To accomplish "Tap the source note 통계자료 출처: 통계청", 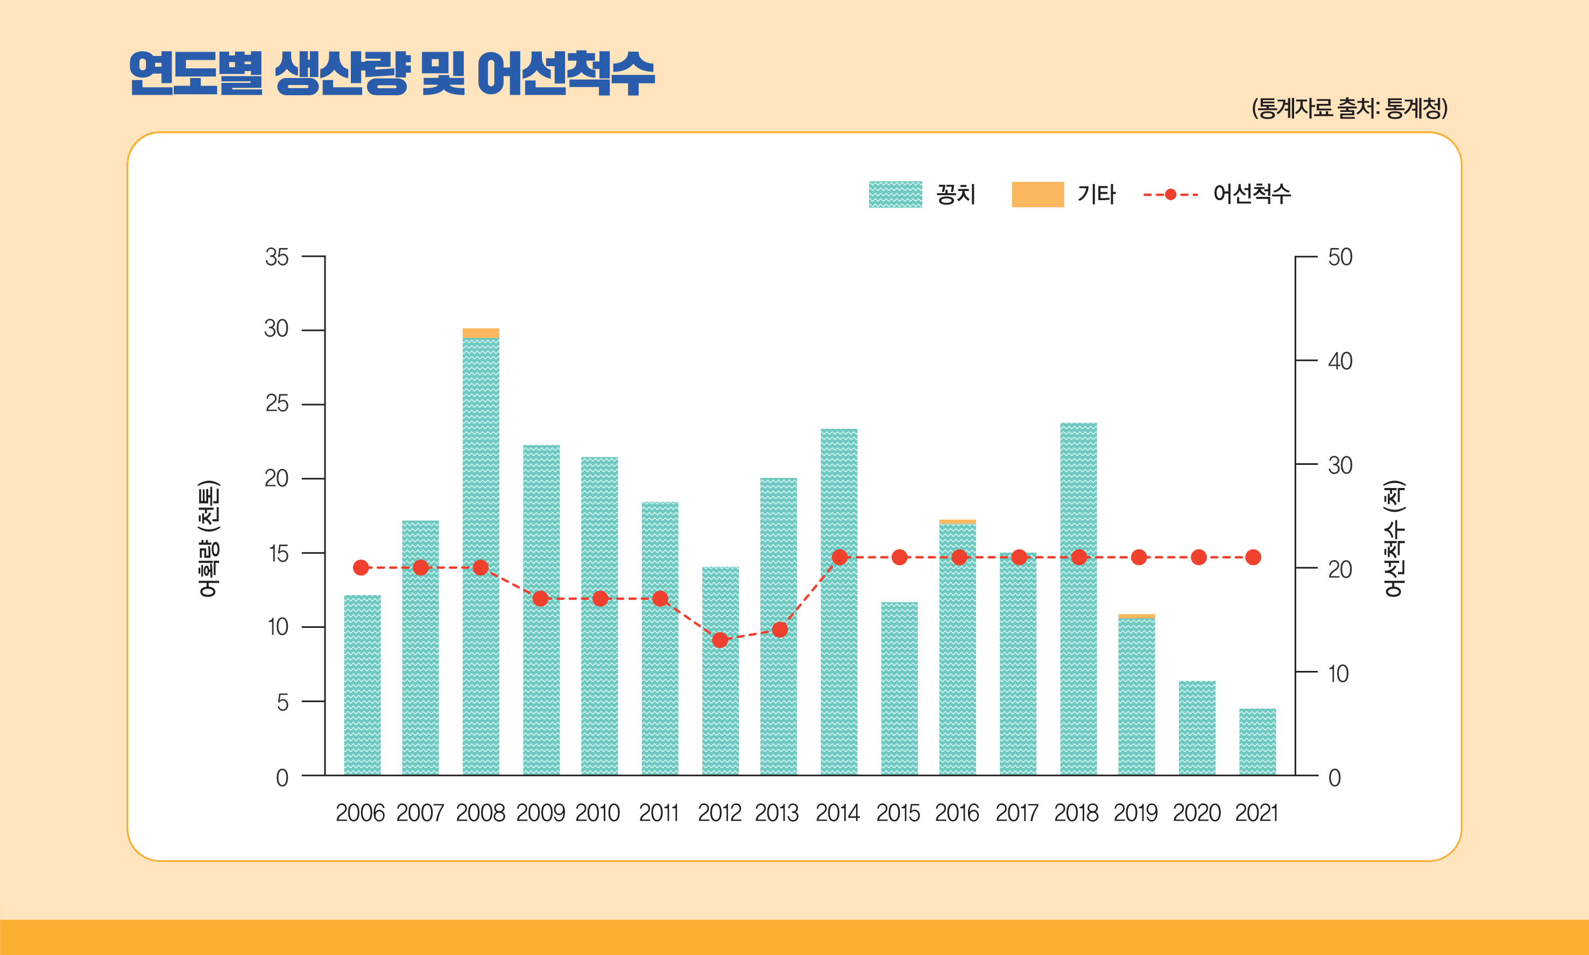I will tap(1349, 108).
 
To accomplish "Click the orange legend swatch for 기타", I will tap(1037, 194).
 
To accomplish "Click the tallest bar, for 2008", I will tap(481, 554).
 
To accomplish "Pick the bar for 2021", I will tap(1257, 741).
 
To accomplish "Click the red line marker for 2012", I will tap(720, 640).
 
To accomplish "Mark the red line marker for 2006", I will tap(361, 568).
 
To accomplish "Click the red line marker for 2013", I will tap(779, 629).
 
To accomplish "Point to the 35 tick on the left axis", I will tap(277, 257).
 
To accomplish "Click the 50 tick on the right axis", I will tap(1340, 257).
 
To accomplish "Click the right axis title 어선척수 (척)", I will tap(1394, 539).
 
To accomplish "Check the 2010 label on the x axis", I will tap(597, 813).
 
